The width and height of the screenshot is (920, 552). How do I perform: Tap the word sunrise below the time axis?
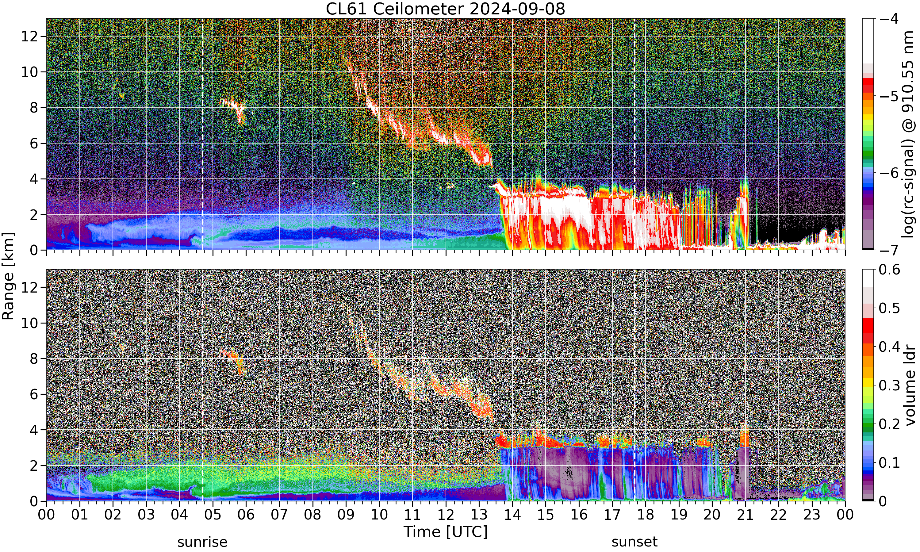pyautogui.click(x=202, y=542)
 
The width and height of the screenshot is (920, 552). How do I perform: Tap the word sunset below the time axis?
pyautogui.click(x=634, y=542)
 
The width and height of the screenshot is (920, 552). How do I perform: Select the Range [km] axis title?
pyautogui.click(x=8, y=276)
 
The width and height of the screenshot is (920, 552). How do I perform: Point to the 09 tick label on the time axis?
pyautogui.click(x=346, y=515)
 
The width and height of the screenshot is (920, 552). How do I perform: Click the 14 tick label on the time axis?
pyautogui.click(x=512, y=515)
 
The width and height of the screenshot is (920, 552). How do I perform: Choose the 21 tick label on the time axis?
pyautogui.click(x=746, y=515)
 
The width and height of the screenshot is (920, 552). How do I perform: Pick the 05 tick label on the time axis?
pyautogui.click(x=213, y=515)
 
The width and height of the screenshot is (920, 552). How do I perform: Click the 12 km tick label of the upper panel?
pyautogui.click(x=29, y=36)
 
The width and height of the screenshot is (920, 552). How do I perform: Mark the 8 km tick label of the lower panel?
pyautogui.click(x=34, y=358)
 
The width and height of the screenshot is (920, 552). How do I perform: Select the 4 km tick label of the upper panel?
pyautogui.click(x=34, y=179)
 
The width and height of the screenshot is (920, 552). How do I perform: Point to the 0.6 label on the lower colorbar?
pyautogui.click(x=890, y=270)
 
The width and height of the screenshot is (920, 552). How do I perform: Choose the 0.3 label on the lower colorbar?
pyautogui.click(x=890, y=385)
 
